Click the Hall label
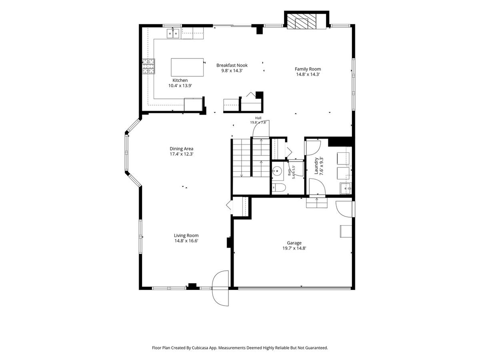pos(258,118)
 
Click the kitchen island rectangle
pos(187,67)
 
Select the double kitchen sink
pos(173,34)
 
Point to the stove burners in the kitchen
pos(148,66)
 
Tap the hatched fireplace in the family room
pos(302,22)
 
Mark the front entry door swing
pos(220,288)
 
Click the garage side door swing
pos(344,209)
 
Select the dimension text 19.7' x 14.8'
pos(294,248)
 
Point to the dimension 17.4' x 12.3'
pos(182,154)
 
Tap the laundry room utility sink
pos(346,188)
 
